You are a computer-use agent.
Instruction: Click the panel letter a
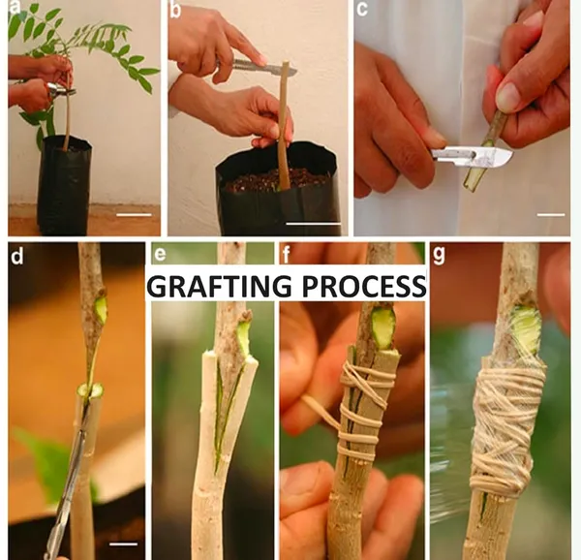(x=15, y=8)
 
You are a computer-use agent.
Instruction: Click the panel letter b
(x=175, y=11)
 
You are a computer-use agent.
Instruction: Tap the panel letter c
(x=362, y=9)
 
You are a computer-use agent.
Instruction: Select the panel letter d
(x=16, y=256)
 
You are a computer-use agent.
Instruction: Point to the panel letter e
(x=160, y=255)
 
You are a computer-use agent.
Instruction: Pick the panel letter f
(x=286, y=255)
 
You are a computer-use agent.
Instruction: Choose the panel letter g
(x=439, y=255)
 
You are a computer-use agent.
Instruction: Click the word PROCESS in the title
(x=364, y=286)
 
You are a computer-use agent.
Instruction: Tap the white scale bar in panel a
(x=134, y=214)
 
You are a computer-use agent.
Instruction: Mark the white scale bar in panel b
(x=314, y=224)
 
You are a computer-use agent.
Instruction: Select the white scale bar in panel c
(x=551, y=214)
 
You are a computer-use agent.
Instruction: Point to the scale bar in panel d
(x=123, y=544)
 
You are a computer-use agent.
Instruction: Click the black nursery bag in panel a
(x=64, y=185)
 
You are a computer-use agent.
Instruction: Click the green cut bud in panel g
(x=526, y=328)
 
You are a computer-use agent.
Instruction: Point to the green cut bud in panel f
(x=383, y=327)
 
